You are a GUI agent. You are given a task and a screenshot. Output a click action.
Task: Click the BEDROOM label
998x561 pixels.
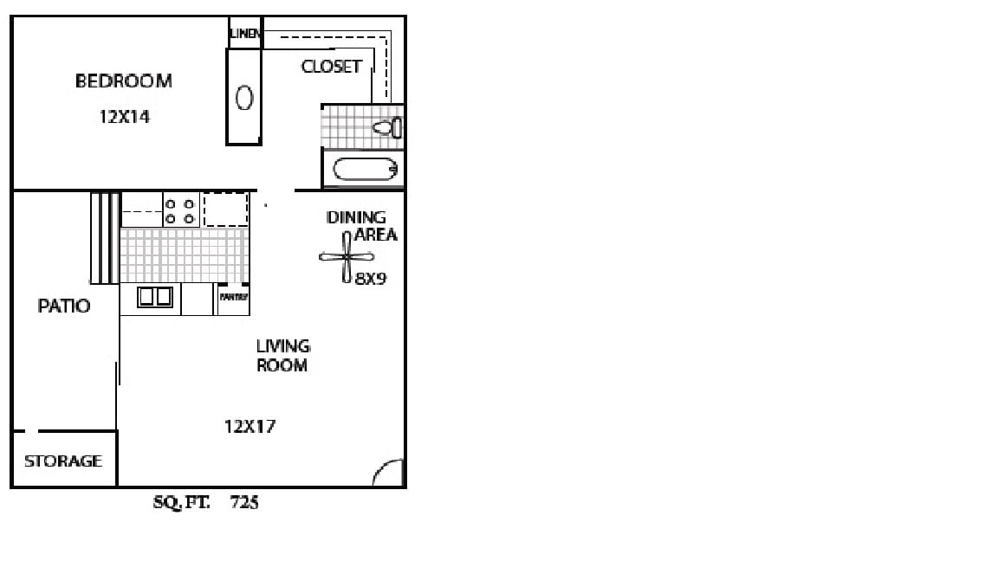click(x=123, y=81)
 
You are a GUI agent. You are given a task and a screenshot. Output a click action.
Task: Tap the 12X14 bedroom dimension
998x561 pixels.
click(x=125, y=117)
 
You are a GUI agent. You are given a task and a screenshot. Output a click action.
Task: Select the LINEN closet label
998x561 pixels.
click(x=245, y=34)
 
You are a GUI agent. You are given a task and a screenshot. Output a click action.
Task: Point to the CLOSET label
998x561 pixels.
click(x=331, y=67)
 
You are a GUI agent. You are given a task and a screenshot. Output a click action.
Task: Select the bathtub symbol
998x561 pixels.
click(x=365, y=169)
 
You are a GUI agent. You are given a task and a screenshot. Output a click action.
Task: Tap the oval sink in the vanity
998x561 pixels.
click(x=244, y=98)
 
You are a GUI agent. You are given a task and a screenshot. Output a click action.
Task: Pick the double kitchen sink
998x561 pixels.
click(x=155, y=298)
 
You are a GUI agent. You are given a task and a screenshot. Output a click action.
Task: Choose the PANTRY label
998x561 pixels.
click(x=234, y=297)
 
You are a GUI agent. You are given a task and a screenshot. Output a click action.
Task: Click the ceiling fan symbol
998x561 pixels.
click(x=347, y=256)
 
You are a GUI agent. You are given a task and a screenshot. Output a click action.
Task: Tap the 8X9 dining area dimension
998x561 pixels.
click(x=370, y=280)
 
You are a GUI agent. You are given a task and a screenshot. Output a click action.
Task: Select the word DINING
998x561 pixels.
click(x=356, y=217)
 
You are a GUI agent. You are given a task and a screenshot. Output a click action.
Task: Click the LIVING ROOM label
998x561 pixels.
click(x=282, y=356)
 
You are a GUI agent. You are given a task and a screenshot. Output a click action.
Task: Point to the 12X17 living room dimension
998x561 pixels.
click(x=249, y=427)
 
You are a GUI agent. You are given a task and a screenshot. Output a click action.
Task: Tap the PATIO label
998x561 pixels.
click(x=64, y=306)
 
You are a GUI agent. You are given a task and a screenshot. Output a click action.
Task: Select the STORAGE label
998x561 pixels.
click(x=63, y=461)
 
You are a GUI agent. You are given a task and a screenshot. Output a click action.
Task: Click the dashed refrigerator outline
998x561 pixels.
click(x=225, y=210)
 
